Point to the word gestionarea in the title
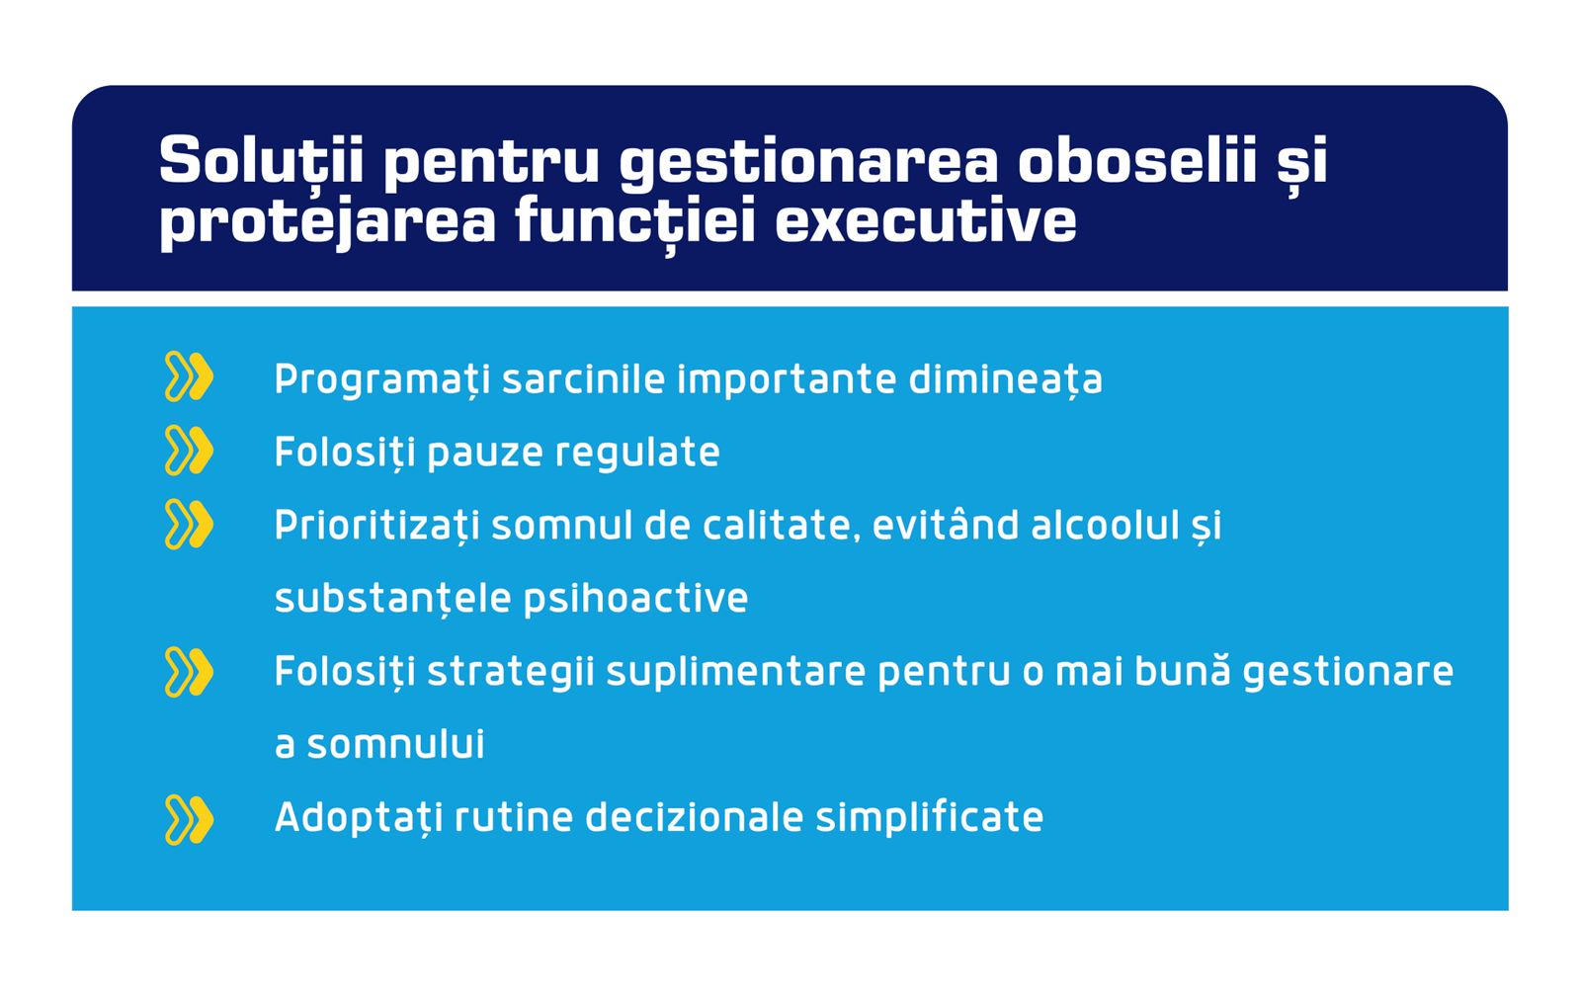click(x=808, y=163)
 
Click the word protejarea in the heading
click(x=327, y=221)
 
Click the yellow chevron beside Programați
click(x=189, y=377)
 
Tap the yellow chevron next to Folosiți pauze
click(x=189, y=451)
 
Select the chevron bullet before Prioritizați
click(x=189, y=525)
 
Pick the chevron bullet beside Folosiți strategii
click(x=189, y=672)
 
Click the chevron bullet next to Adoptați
click(x=189, y=819)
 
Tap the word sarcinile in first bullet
click(x=582, y=379)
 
